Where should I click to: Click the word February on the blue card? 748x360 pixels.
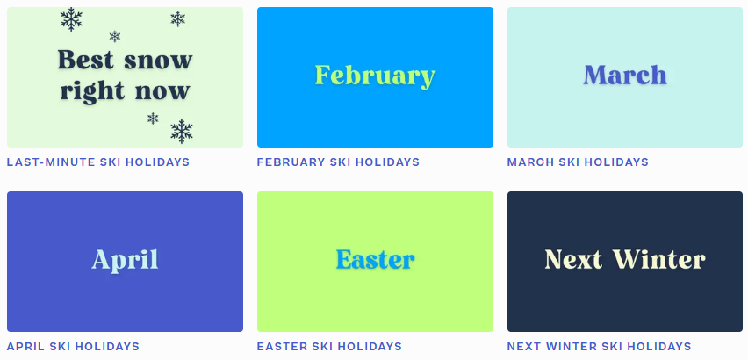(x=375, y=76)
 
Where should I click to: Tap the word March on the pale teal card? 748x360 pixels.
(x=625, y=76)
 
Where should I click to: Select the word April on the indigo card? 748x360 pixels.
(x=125, y=261)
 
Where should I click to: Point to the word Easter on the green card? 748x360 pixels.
(x=375, y=260)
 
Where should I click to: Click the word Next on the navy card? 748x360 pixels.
(x=573, y=259)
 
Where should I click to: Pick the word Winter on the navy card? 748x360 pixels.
(x=658, y=259)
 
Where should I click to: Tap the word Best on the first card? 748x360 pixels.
(x=86, y=60)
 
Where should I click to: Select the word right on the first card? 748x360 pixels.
(x=92, y=91)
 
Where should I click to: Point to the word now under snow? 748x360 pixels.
(x=162, y=91)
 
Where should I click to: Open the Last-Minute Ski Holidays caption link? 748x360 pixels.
(x=98, y=162)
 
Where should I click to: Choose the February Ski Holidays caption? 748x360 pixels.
(x=338, y=162)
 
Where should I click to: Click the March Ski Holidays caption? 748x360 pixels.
(x=578, y=162)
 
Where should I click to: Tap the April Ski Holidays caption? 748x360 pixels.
(x=73, y=346)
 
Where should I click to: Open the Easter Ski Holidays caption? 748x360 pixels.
(x=329, y=346)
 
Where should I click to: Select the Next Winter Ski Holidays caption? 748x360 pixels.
(x=599, y=346)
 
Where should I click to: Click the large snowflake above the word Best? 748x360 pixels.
(x=71, y=19)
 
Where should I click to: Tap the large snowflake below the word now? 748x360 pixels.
(x=182, y=131)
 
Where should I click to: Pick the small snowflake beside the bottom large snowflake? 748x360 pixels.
(x=153, y=119)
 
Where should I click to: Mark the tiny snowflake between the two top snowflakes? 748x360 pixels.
(x=114, y=36)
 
